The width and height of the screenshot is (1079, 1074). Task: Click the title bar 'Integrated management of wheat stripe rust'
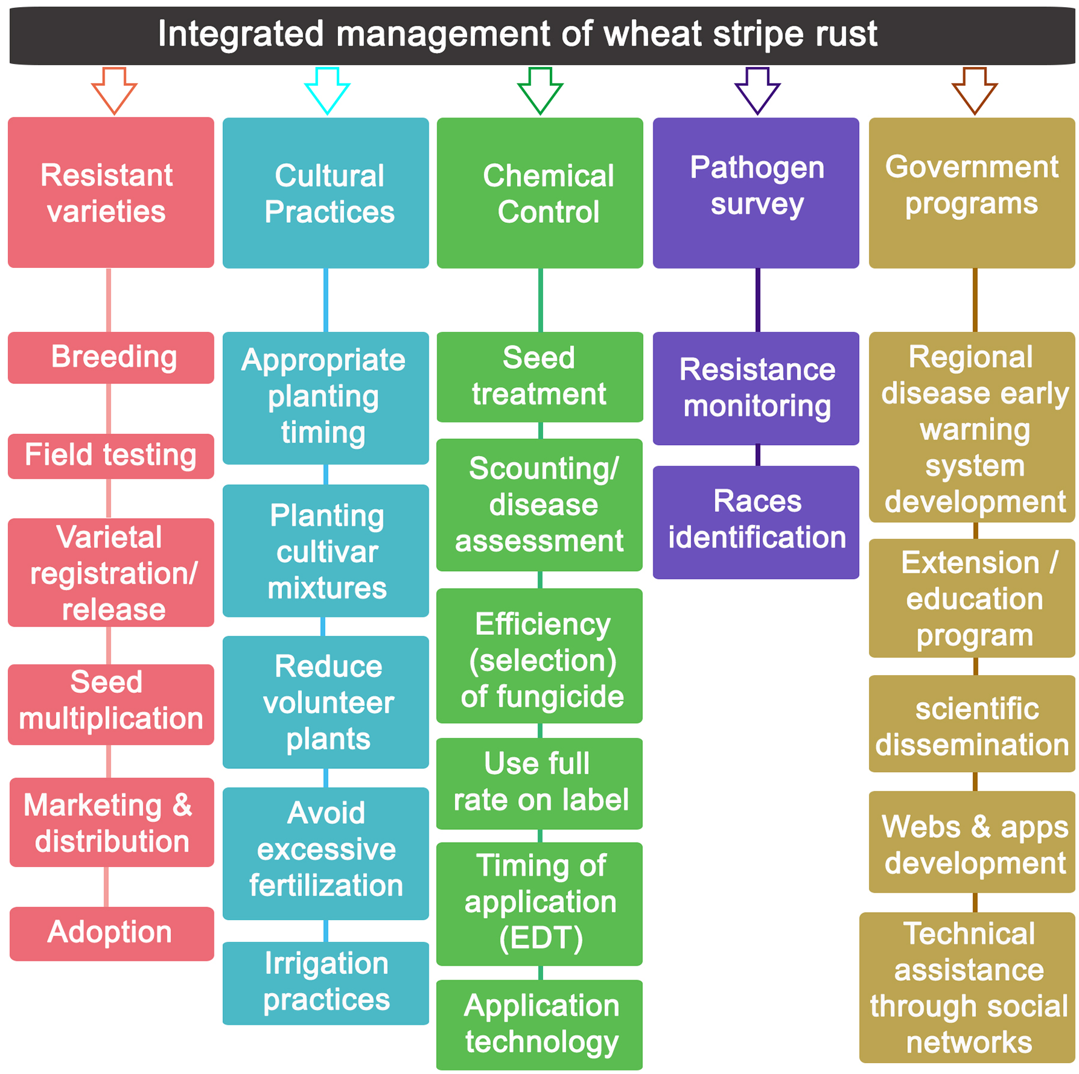[x=539, y=34]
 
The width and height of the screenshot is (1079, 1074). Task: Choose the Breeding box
[x=111, y=357]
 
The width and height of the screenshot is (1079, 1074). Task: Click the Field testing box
[x=111, y=456]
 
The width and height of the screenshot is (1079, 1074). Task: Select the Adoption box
[x=111, y=933]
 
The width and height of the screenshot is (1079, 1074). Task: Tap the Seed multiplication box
[x=111, y=704]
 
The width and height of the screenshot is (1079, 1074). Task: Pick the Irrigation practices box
[x=326, y=983]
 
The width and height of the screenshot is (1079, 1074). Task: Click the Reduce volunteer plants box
[x=326, y=702]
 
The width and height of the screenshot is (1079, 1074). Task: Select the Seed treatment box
[x=540, y=376]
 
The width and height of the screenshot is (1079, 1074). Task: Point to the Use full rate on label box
[x=540, y=783]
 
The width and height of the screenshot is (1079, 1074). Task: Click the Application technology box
[x=540, y=1024]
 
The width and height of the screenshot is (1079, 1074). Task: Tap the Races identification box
[x=756, y=522]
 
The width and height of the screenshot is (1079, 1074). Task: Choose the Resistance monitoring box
[x=756, y=388]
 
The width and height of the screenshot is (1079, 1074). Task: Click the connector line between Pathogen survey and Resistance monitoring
[x=757, y=300]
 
